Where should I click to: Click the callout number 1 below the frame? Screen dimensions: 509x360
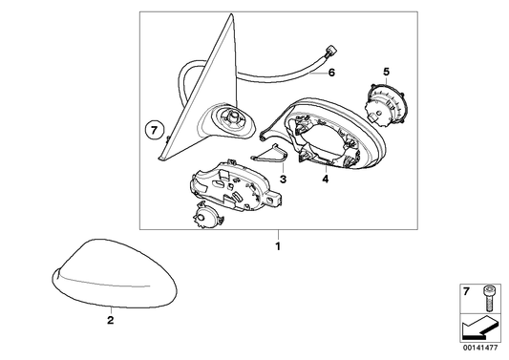pos(278,246)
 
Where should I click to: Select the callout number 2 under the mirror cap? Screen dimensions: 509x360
pos(111,321)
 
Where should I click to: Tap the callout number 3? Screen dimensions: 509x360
pos(283,179)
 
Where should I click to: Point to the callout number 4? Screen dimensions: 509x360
pos(326,179)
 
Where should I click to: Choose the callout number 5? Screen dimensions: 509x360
pos(386,71)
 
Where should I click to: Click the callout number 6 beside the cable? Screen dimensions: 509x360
pos(331,72)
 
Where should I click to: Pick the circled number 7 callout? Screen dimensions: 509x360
pos(155,131)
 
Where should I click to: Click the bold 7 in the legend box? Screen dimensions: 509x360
pos(466,292)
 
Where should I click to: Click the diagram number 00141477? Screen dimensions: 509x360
pos(480,348)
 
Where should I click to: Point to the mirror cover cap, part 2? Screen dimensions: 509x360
pos(115,273)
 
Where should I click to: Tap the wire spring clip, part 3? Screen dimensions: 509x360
pos(270,154)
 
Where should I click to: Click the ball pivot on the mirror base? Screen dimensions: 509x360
pos(233,116)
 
